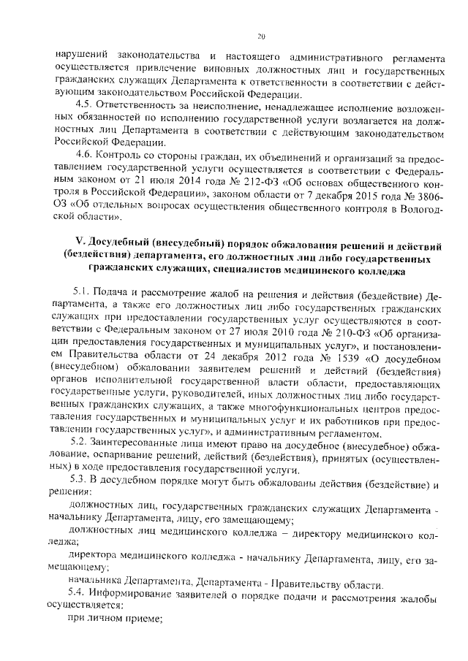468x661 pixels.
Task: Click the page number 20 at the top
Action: [261, 37]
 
